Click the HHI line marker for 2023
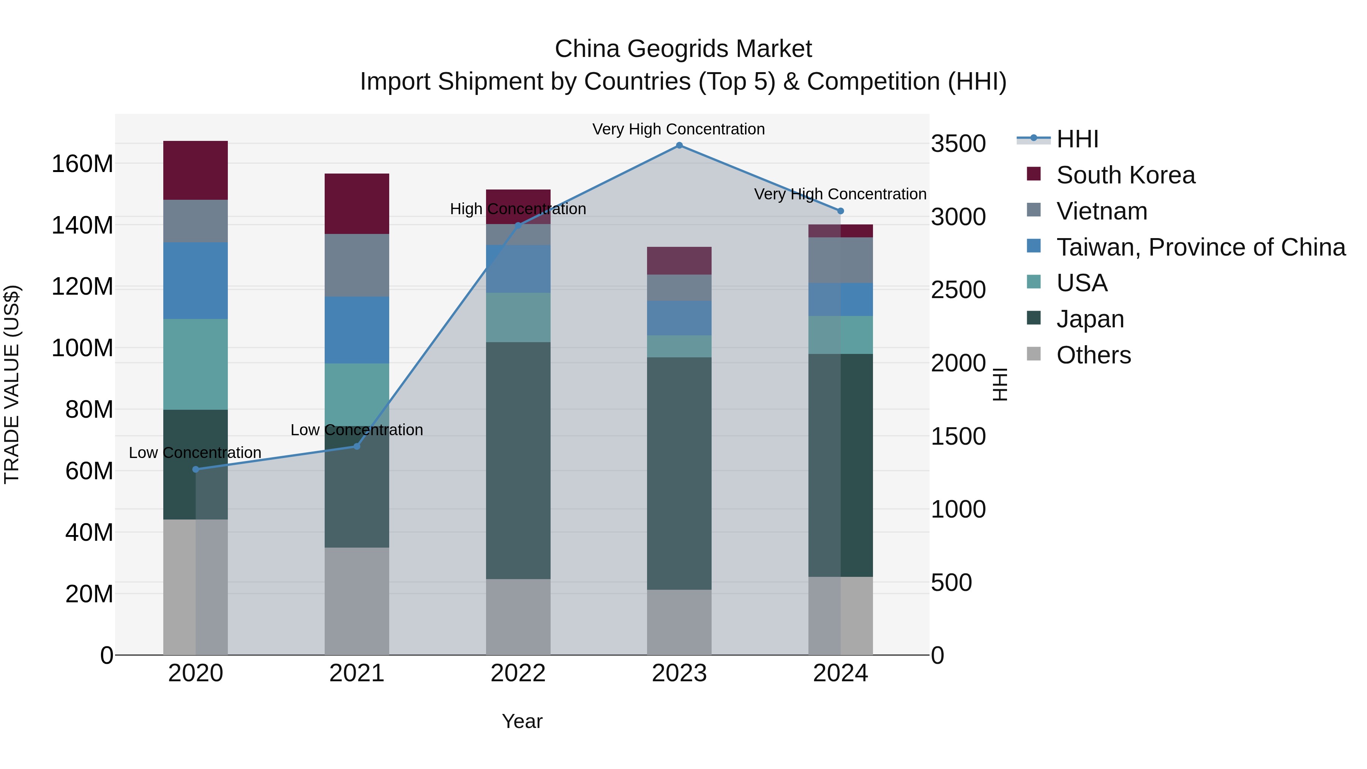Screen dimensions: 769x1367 (x=679, y=145)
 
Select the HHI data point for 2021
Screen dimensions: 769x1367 (x=357, y=446)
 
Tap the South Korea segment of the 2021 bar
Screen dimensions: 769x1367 (x=357, y=204)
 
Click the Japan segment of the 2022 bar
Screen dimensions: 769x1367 (x=518, y=460)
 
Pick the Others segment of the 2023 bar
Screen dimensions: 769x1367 (x=679, y=622)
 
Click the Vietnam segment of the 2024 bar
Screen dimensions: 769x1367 (x=841, y=260)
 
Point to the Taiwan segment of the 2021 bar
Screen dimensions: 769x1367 (x=357, y=330)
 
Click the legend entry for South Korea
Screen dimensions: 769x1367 (x=1125, y=175)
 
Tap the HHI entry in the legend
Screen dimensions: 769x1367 (x=1077, y=139)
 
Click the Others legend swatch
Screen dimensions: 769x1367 (x=1034, y=354)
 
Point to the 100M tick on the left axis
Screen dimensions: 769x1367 (x=82, y=348)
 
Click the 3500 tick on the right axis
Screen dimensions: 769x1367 (x=958, y=144)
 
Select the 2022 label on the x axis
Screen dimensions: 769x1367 (x=518, y=673)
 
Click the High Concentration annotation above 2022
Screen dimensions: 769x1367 (x=518, y=209)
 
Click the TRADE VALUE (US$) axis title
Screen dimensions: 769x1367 (x=12, y=384)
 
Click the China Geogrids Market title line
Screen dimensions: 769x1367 (x=683, y=49)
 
